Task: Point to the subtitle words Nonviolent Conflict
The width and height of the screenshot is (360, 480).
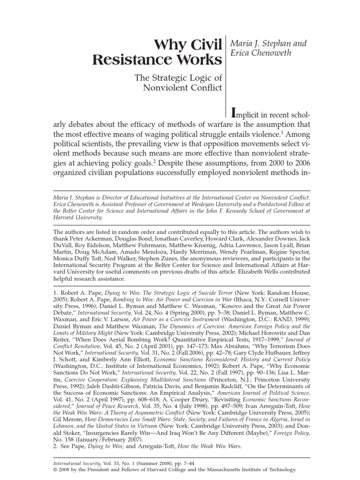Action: pyautogui.click(x=185, y=87)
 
